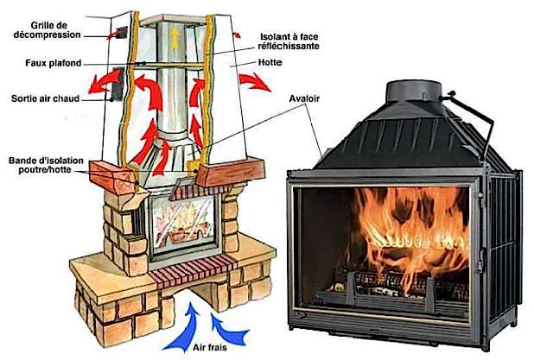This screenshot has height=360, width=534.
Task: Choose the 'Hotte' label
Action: pos(271,63)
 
